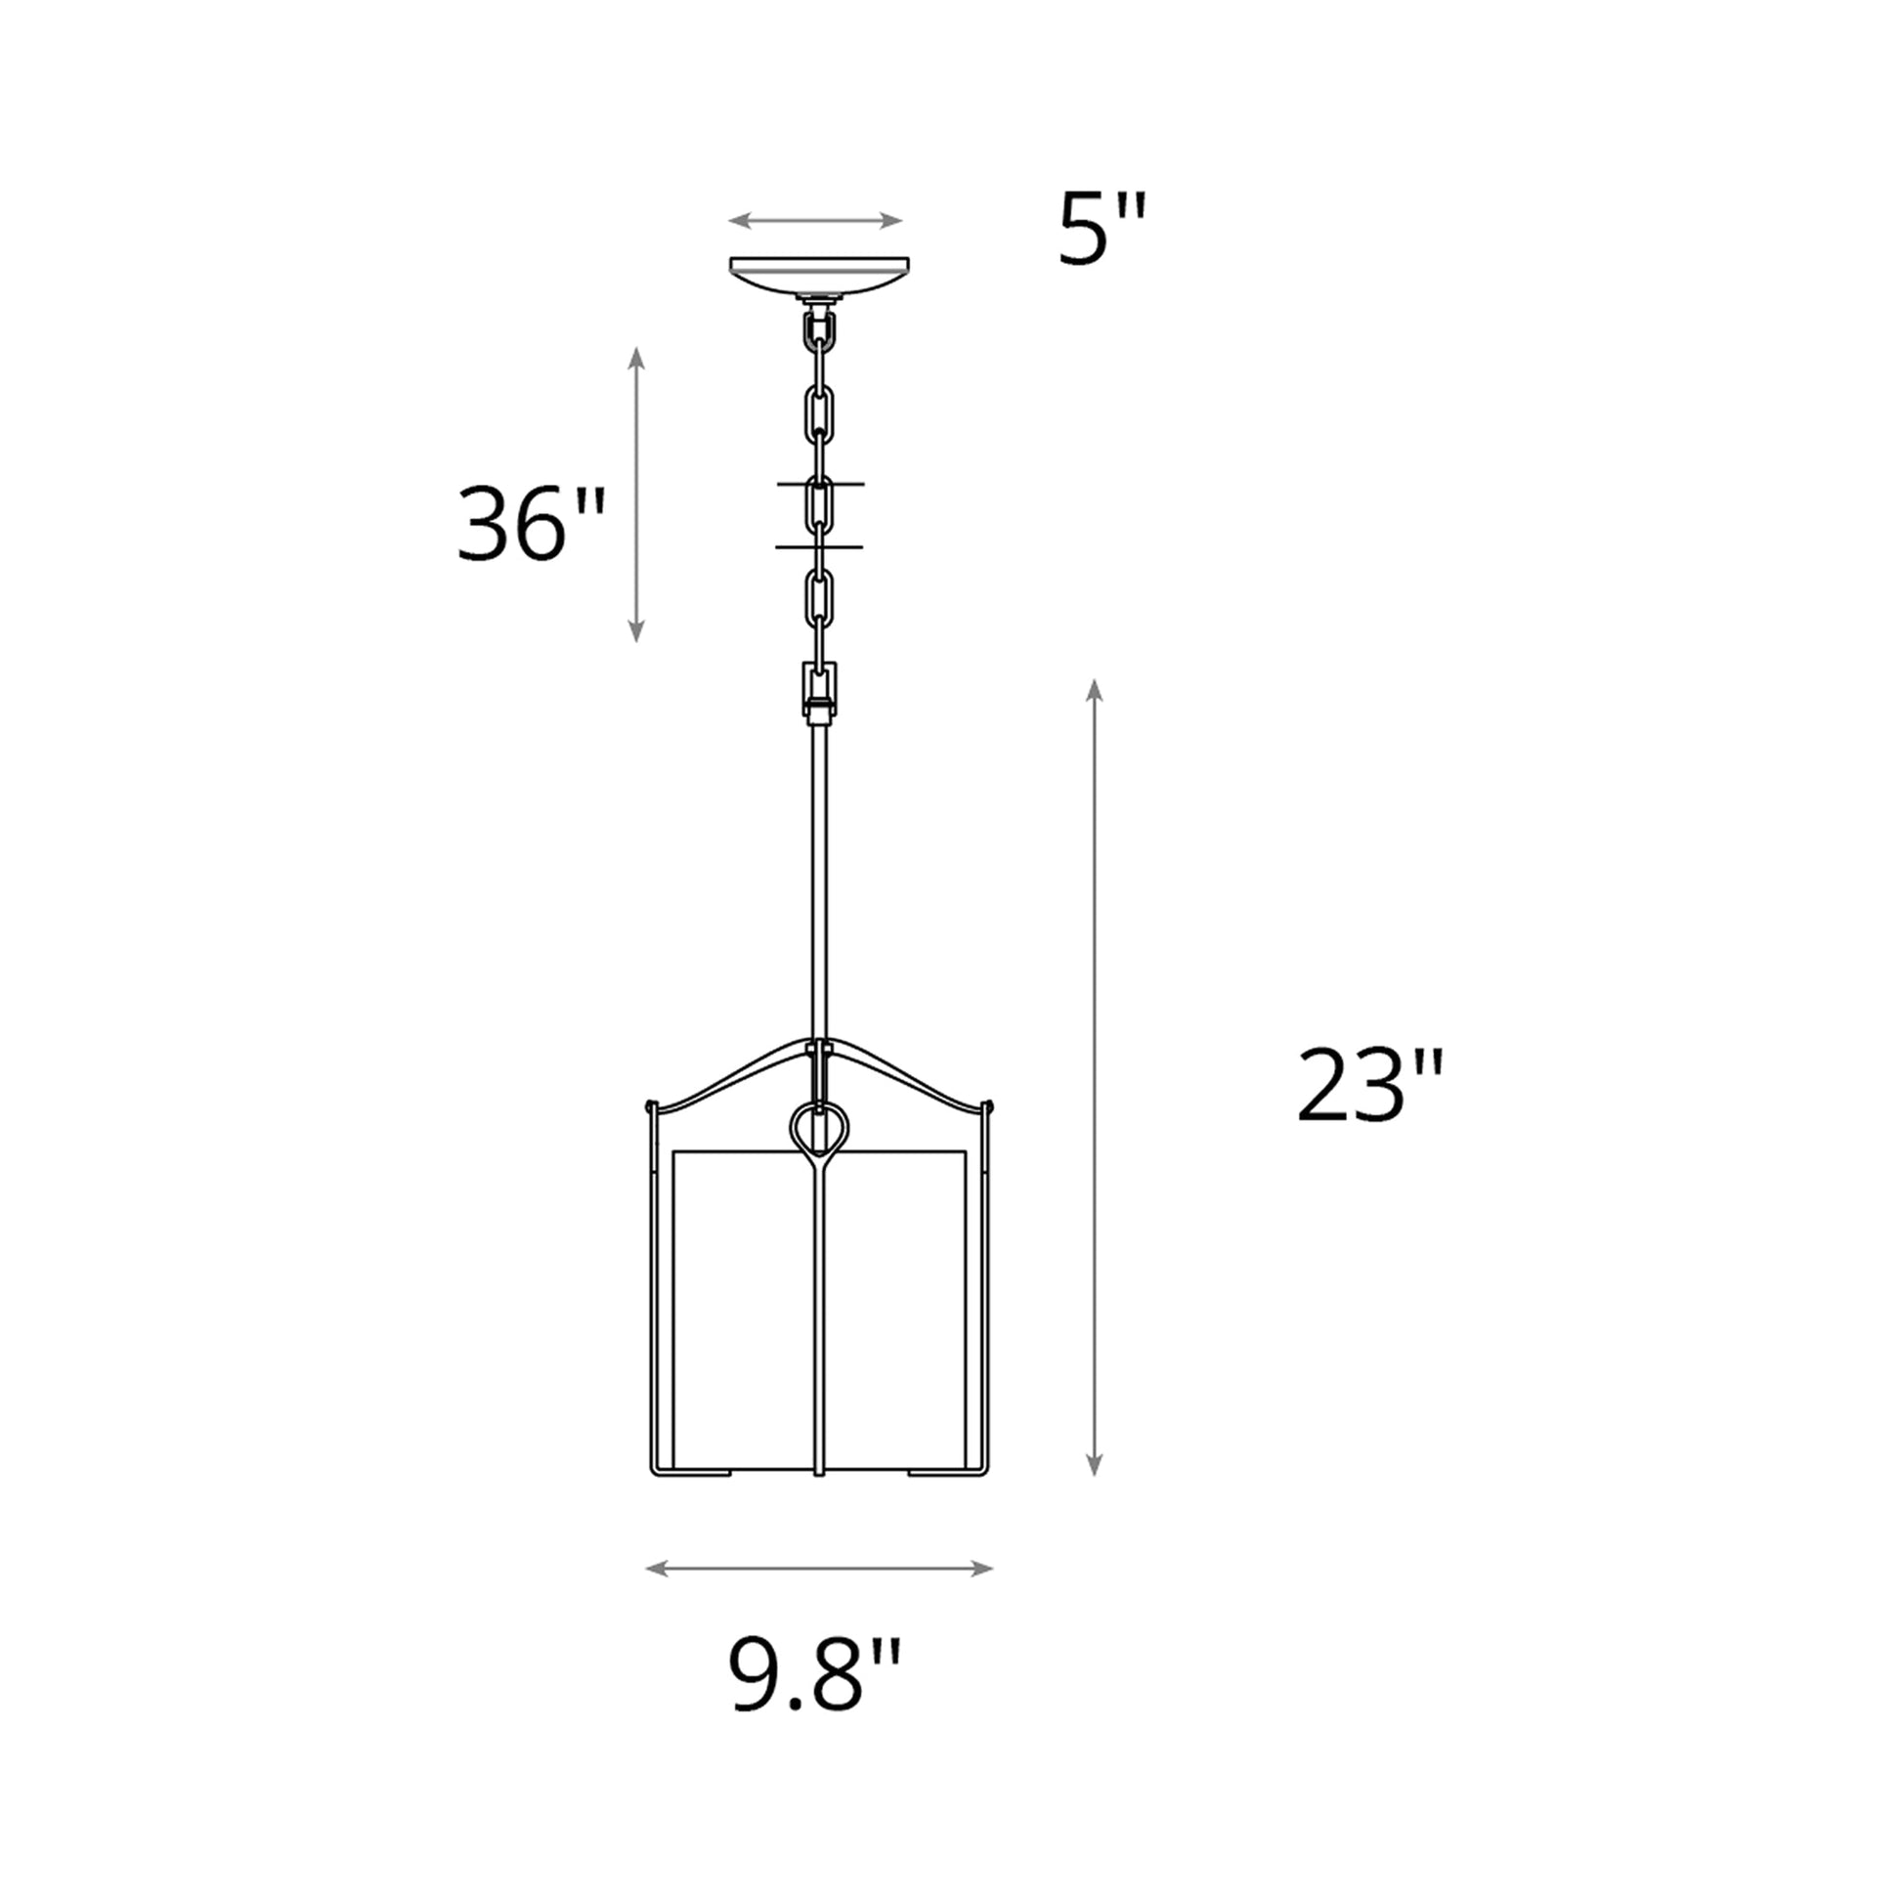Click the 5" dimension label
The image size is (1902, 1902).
pos(1101,231)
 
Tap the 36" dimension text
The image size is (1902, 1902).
pos(531,524)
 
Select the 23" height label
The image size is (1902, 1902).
pos(1369,1086)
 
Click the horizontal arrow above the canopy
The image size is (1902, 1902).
pos(815,221)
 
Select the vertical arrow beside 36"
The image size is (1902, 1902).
pos(636,495)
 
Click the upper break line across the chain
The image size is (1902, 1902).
pos(819,485)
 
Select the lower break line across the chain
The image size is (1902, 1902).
pos(819,546)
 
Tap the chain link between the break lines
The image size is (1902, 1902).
pos(819,507)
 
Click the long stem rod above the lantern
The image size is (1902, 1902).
pos(818,886)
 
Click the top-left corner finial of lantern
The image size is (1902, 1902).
pos(650,1105)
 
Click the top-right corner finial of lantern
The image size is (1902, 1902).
pos(987,1105)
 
